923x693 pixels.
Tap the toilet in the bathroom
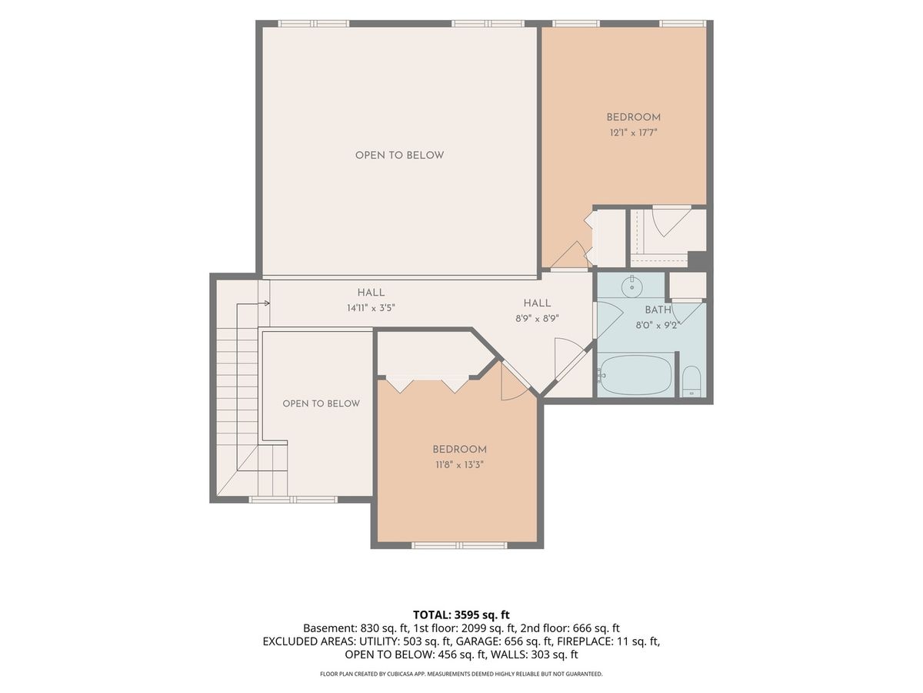tap(691, 381)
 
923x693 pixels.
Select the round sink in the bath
tap(631, 286)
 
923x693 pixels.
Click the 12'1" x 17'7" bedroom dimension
tap(633, 133)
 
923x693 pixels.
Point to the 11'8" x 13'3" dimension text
tap(460, 465)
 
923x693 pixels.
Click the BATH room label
tap(658, 310)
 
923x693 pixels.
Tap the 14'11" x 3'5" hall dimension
tap(371, 308)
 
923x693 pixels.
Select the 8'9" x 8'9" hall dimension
tap(537, 319)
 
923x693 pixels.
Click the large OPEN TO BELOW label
tap(399, 156)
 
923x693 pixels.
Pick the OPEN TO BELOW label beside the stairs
tap(322, 403)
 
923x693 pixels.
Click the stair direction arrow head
tap(267, 303)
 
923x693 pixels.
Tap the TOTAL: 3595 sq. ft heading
tap(461, 614)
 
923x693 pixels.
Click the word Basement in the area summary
tap(330, 628)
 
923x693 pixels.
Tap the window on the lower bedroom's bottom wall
tap(459, 545)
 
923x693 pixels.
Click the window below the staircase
tap(293, 500)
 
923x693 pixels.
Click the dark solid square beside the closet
tap(697, 260)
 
